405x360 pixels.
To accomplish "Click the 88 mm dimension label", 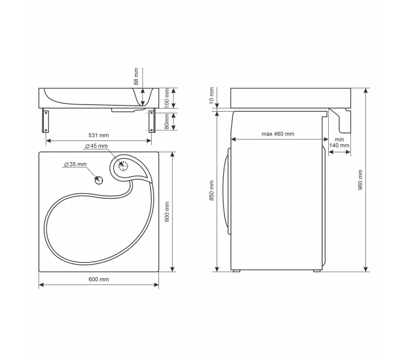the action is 136,76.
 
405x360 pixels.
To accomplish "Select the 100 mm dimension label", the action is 167,98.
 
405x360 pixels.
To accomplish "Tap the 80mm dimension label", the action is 167,121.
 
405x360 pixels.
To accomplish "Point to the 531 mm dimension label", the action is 98,135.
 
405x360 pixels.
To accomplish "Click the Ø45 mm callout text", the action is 96,146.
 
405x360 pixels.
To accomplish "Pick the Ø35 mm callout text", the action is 75,164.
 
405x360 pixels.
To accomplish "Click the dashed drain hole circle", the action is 123,166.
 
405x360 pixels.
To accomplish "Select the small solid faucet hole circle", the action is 99,180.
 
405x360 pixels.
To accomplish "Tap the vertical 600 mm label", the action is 167,212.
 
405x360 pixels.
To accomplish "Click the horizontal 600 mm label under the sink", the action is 98,279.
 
